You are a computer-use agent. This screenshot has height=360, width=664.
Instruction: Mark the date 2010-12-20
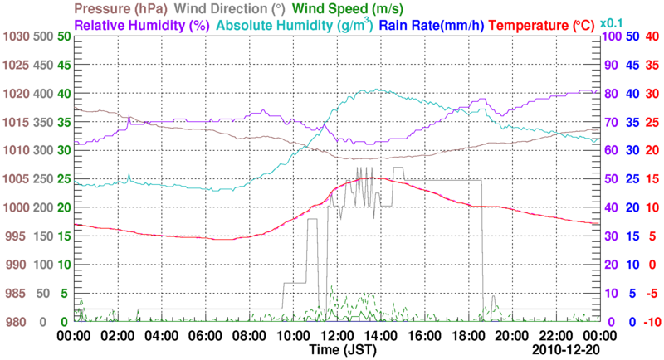tap(564, 350)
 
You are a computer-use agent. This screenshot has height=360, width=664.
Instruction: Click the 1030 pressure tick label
tap(16, 36)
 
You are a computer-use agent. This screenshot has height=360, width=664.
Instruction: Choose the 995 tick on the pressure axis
tap(16, 236)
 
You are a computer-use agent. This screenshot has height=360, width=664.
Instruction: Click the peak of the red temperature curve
tap(372, 178)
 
